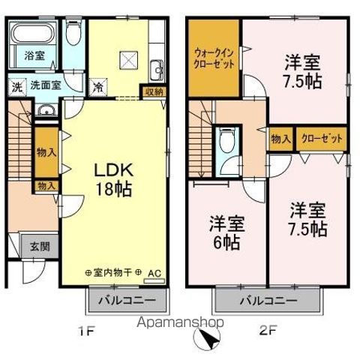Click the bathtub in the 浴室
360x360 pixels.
tap(34, 34)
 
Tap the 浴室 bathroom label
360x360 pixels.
tap(34, 55)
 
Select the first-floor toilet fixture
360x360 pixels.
tap(73, 31)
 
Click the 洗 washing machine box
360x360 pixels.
tap(17, 87)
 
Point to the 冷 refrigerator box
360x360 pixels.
tap(98, 87)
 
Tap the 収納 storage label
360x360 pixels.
tap(154, 92)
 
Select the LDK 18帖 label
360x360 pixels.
tap(113, 179)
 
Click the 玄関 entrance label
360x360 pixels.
tap(40, 247)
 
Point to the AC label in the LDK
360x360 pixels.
tap(154, 273)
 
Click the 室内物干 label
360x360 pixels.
tap(112, 272)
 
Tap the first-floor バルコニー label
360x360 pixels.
tap(127, 300)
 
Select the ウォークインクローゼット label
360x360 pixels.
tap(214, 59)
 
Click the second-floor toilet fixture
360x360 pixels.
tap(227, 140)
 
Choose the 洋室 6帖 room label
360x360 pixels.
tap(226, 233)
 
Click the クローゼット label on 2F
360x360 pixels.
tap(322, 139)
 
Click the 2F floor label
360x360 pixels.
tap(268, 331)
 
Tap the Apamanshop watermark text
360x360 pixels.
tap(180, 322)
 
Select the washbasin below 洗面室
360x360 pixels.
tap(46, 110)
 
